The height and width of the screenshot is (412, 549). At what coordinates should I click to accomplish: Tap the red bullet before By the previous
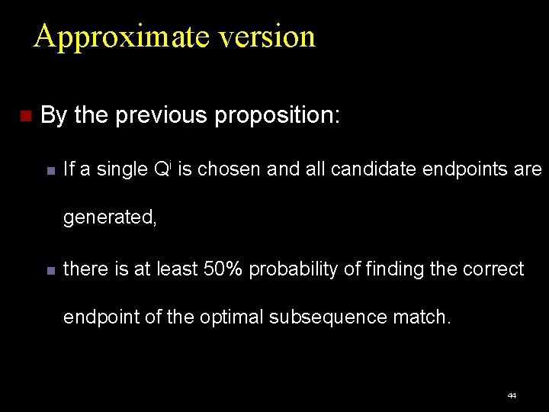pyautogui.click(x=24, y=117)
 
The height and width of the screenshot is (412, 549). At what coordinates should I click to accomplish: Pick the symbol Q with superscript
pyautogui.click(x=161, y=169)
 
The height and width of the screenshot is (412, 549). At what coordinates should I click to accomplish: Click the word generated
pyautogui.click(x=110, y=218)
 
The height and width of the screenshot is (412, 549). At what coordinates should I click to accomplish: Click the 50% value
pyautogui.click(x=223, y=269)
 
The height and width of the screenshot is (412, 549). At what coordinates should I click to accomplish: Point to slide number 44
pyautogui.click(x=512, y=396)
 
